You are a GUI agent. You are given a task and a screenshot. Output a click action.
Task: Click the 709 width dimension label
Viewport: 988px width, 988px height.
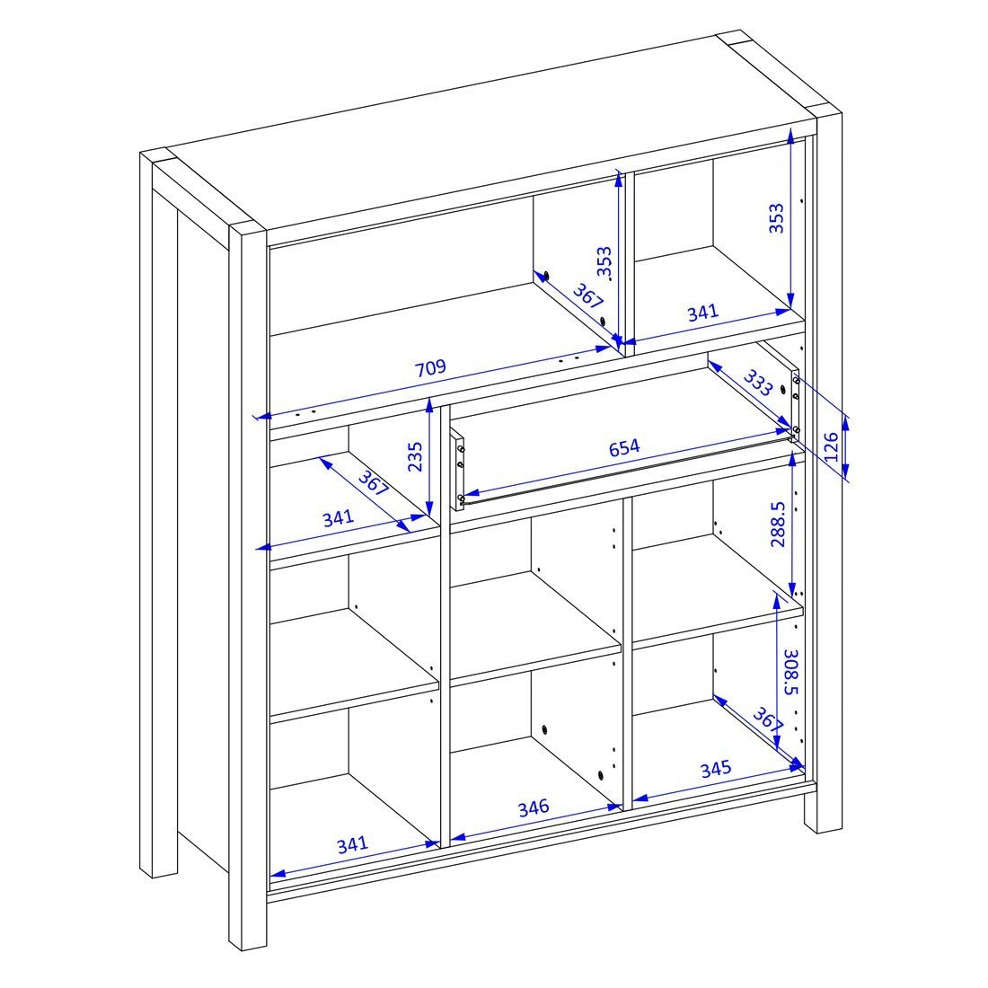430,367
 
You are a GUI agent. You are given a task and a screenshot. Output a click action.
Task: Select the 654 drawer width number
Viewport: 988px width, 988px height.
624,447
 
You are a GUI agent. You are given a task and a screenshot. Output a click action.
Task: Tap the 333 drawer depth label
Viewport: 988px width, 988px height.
757,383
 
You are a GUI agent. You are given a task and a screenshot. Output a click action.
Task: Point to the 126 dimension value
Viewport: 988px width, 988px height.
832,446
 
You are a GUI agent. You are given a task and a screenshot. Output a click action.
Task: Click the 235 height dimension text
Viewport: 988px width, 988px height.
415,457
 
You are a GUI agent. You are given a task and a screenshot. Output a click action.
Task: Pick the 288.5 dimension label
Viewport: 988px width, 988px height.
778,524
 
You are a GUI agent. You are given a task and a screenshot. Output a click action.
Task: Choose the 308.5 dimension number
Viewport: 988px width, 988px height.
791,672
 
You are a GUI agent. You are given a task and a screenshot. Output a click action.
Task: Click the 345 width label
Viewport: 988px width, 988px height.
716,769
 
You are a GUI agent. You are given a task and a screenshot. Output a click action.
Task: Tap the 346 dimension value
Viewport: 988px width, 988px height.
533,807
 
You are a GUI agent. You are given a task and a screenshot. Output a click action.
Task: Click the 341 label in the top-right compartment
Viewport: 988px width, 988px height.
702,312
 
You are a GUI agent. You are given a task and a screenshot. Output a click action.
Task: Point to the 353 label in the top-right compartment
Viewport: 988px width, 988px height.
776,218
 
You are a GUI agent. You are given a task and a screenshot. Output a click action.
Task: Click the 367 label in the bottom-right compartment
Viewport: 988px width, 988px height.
767,719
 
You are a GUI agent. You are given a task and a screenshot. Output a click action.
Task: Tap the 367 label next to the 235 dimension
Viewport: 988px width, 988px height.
373,483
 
